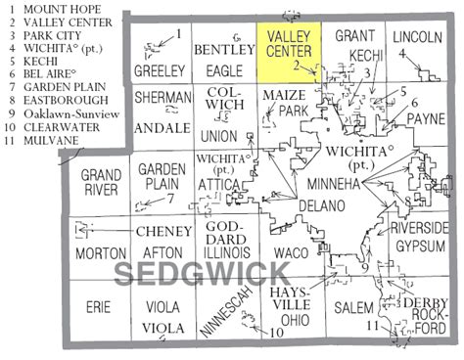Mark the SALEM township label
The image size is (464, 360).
point(351,306)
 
